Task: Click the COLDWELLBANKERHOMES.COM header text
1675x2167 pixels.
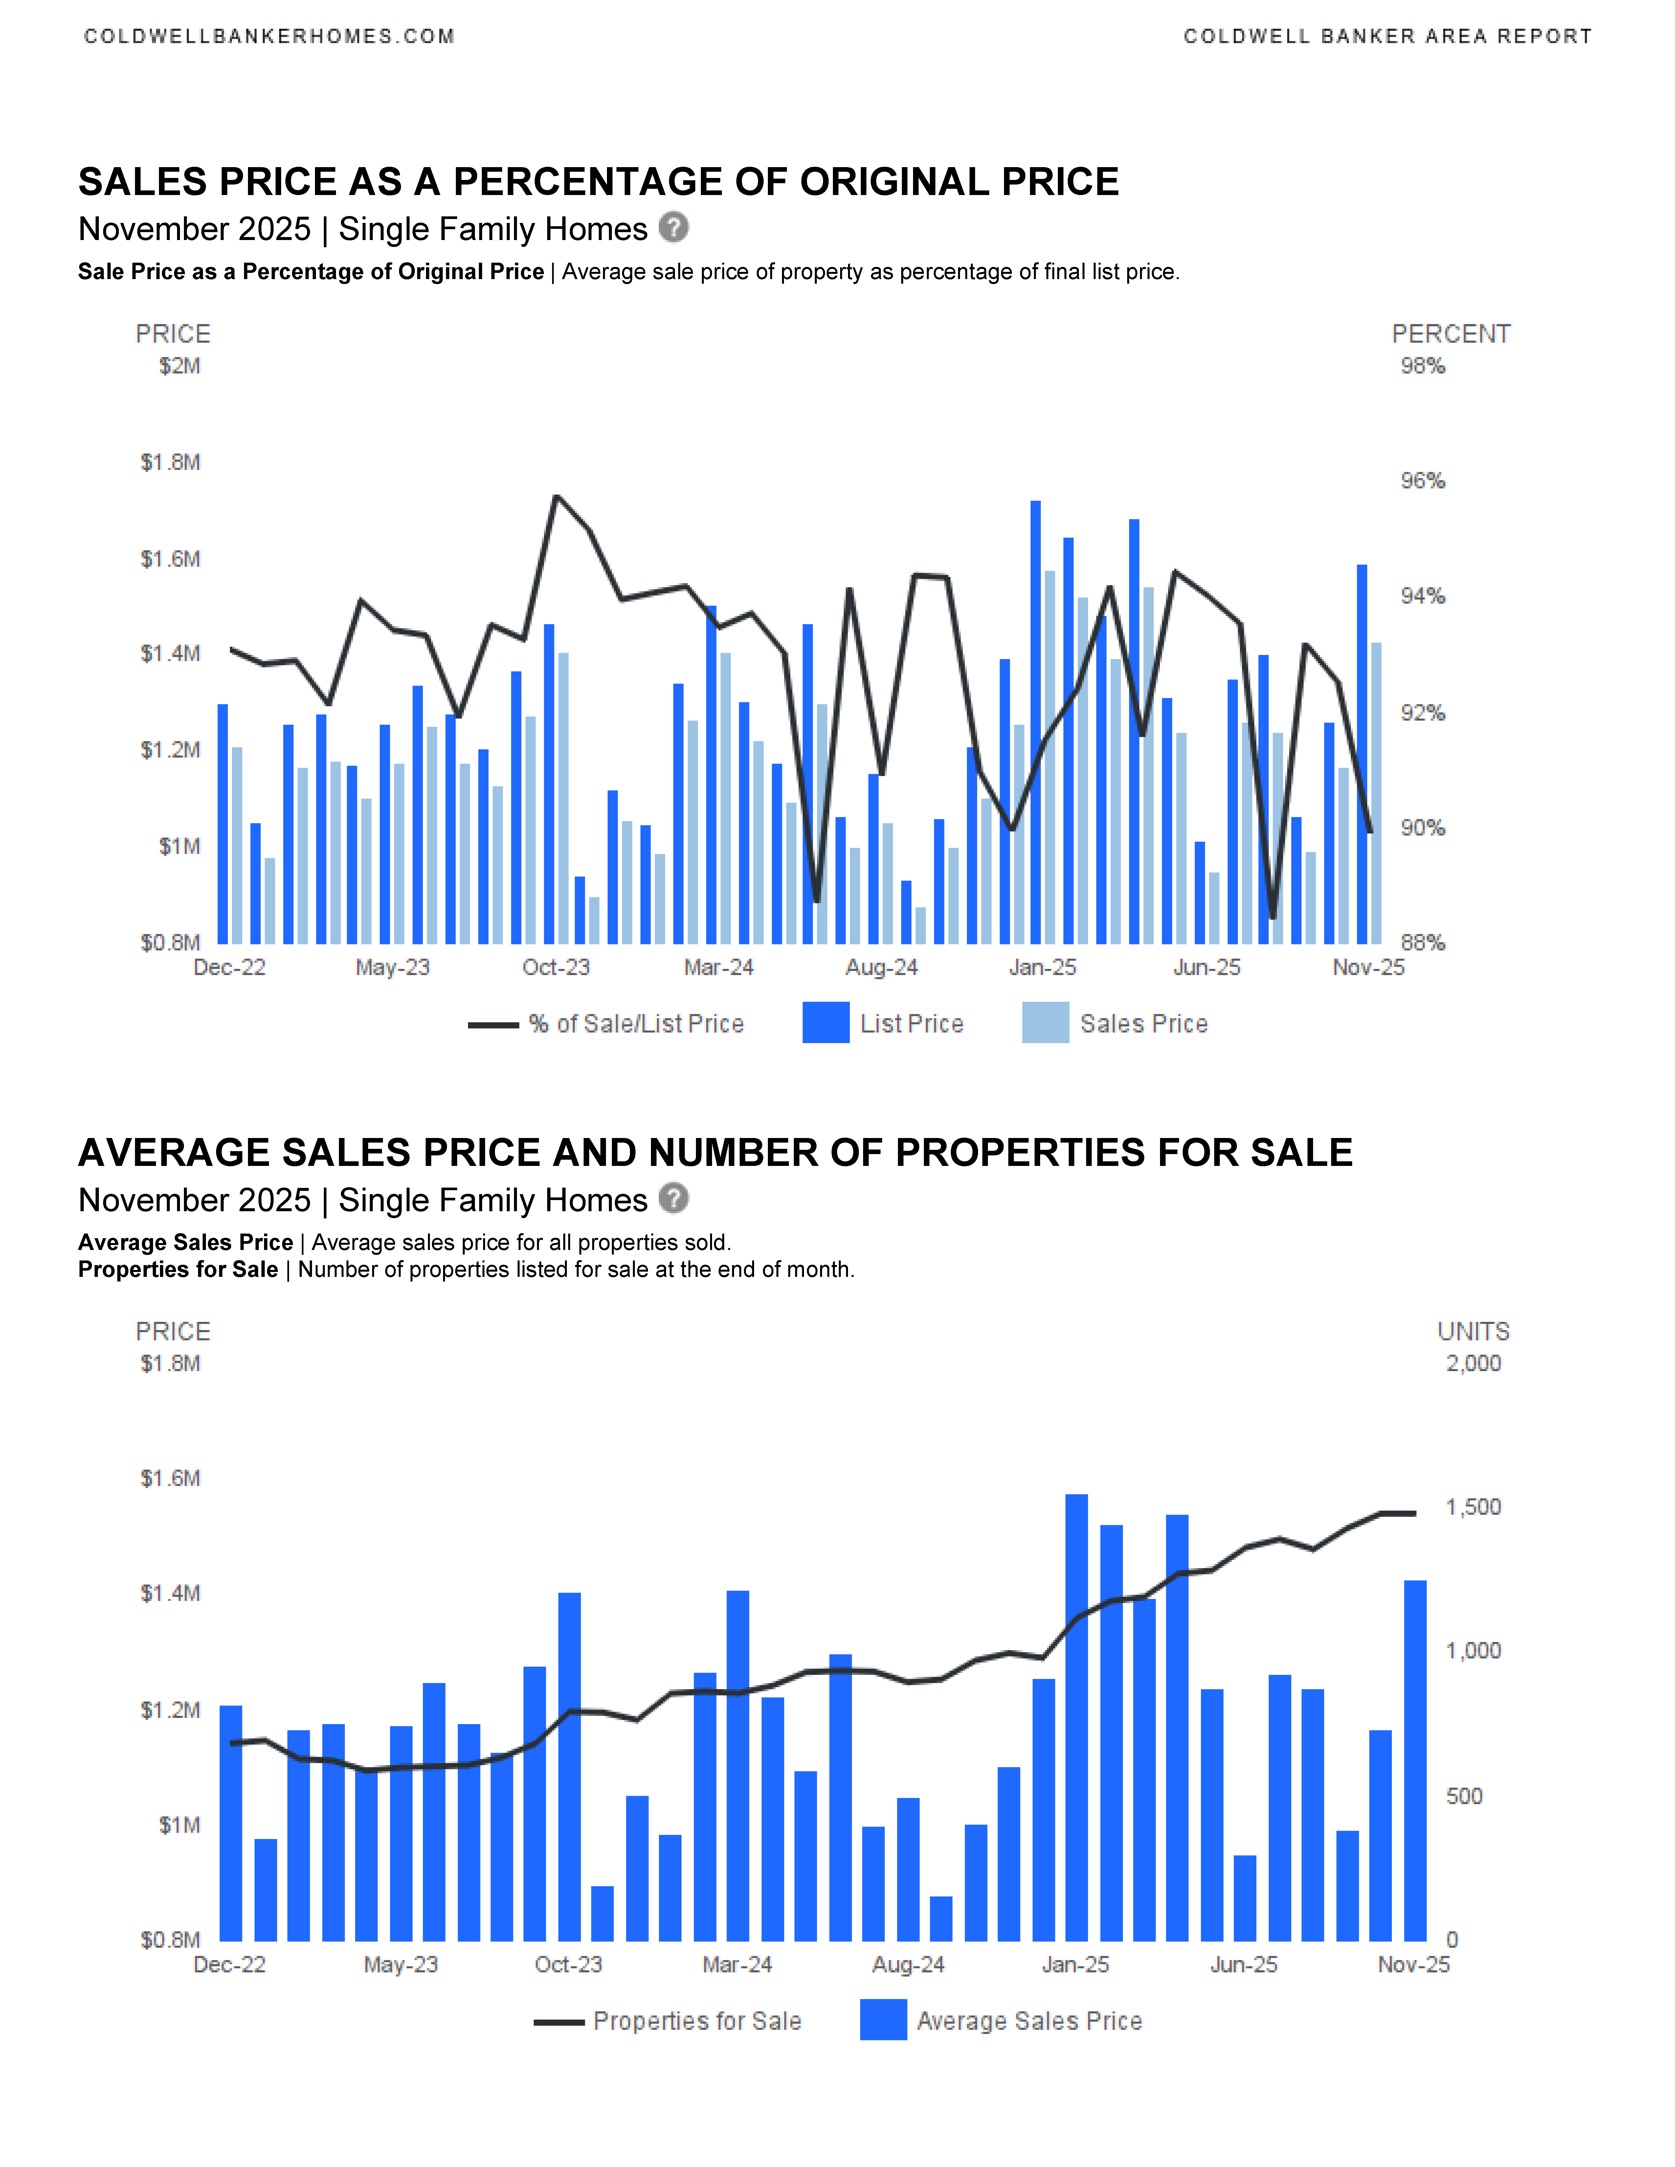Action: (x=269, y=37)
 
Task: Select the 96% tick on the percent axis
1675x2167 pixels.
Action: (x=1422, y=481)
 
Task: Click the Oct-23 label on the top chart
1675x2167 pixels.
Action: (x=556, y=967)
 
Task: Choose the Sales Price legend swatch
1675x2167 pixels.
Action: (x=1045, y=1023)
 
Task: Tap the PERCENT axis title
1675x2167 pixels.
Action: (x=1451, y=334)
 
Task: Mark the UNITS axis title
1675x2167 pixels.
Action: (x=1473, y=1331)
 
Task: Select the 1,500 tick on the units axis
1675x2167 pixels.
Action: (x=1473, y=1507)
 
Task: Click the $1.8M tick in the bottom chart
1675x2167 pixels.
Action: (x=171, y=1363)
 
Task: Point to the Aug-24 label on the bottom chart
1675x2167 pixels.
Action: (x=908, y=1965)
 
